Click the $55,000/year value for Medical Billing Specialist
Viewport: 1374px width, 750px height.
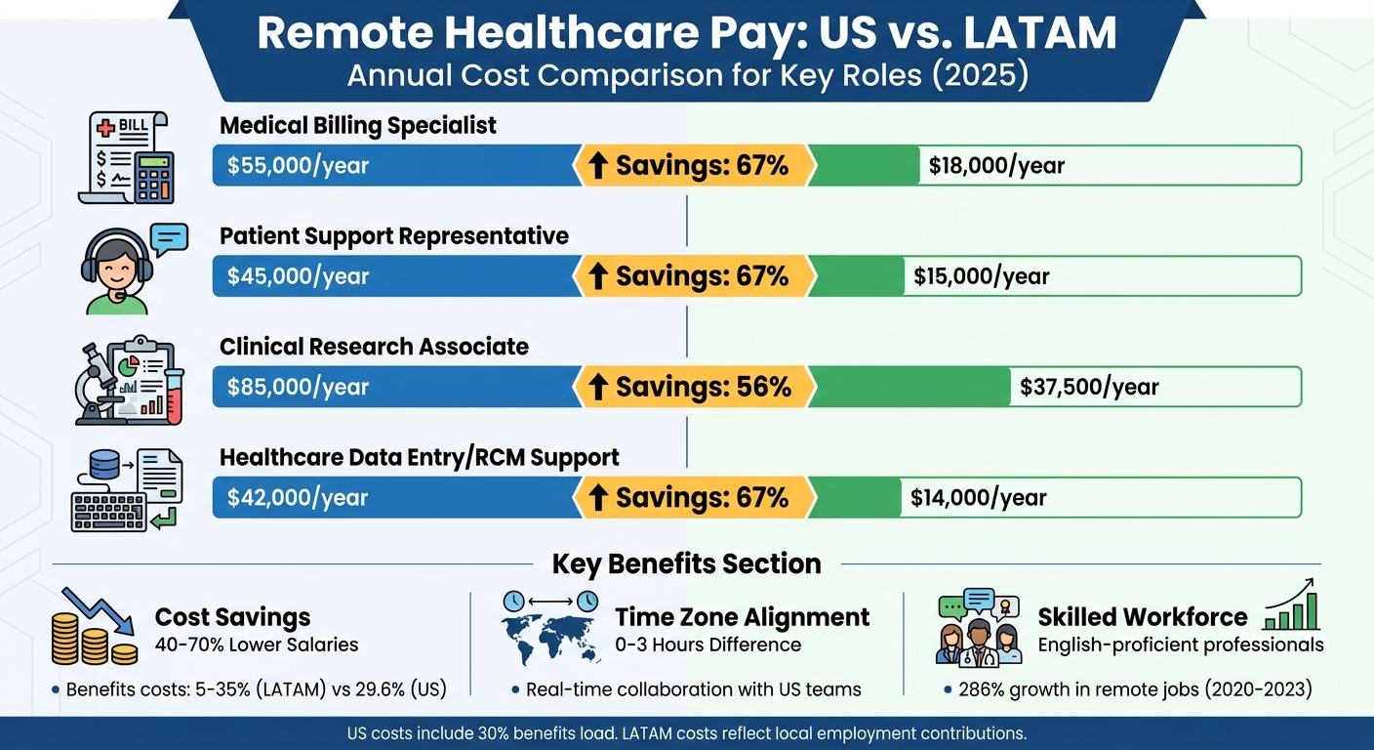pos(299,166)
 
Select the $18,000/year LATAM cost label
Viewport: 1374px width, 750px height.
pos(996,166)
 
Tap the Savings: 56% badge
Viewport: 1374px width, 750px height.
pos(694,387)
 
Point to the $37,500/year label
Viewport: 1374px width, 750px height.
pos(1089,387)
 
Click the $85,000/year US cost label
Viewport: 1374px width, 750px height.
pos(299,387)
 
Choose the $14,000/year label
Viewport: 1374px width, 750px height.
pos(978,498)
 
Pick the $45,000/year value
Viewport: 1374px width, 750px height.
pos(299,276)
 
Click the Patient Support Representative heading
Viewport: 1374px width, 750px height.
pos(394,236)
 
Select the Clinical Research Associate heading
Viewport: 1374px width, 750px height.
pos(374,347)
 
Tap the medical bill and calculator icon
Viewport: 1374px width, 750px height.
pos(126,157)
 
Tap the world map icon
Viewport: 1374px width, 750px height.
pos(549,636)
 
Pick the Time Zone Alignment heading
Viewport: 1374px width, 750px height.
pos(742,617)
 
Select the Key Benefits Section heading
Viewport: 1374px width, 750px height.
pos(686,563)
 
